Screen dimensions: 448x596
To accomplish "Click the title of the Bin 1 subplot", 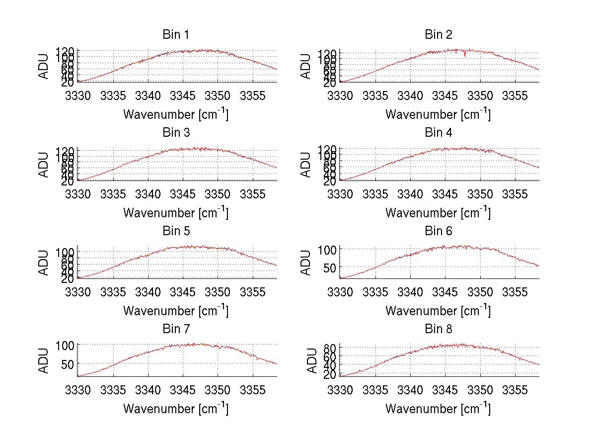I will point(175,34).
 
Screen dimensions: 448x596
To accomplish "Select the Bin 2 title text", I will point(438,34).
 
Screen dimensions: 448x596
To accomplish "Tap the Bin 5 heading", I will point(175,231).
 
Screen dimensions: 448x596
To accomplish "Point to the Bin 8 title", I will point(438,329).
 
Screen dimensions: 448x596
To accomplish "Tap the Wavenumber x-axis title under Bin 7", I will point(175,409).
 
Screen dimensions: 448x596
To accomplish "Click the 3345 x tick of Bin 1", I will point(183,95).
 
